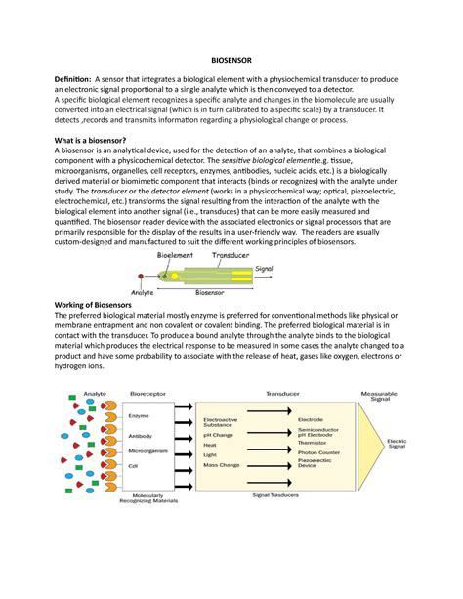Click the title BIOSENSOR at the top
pos(231,58)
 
